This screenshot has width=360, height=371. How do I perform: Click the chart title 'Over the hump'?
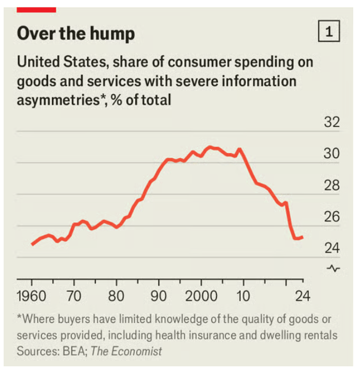pos(75,34)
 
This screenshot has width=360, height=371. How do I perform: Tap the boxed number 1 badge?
pos(328,33)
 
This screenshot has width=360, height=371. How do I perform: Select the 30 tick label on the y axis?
pos(331,154)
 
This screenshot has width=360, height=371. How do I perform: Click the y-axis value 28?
pos(331,186)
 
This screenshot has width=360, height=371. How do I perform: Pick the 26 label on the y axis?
pos(331,217)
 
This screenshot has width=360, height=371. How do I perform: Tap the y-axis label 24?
pos(331,248)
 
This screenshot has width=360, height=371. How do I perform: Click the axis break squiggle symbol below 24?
pos(333,268)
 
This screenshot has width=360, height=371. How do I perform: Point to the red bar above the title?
pos(36,9)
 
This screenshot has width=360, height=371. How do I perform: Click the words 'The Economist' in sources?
pos(126,352)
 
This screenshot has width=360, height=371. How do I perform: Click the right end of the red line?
pos(303,237)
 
